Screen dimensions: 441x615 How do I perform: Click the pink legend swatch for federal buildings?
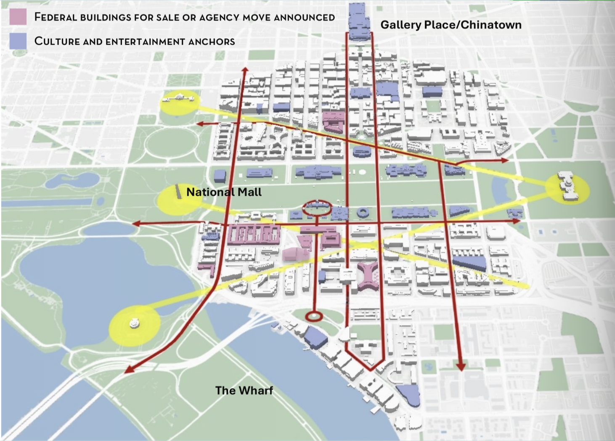[18, 17]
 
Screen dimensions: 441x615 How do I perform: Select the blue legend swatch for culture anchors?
[18, 41]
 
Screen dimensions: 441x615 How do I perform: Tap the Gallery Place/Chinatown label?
[451, 25]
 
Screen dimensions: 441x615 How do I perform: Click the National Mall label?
[224, 192]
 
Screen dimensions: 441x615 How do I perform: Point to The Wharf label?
[244, 390]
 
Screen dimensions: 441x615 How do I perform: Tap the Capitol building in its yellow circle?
[568, 186]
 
